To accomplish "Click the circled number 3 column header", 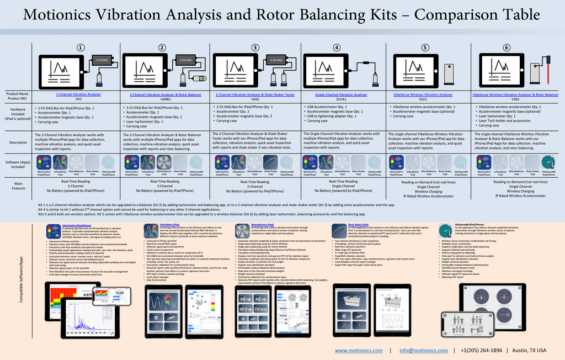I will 255,47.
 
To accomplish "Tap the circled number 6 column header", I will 507,47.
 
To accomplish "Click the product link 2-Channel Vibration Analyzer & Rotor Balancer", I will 162,95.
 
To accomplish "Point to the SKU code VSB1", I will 515,99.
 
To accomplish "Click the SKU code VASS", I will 255,99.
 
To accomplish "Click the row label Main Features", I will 18,186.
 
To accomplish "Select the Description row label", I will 18,142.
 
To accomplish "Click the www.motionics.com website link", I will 359,351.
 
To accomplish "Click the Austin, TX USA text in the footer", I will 529,351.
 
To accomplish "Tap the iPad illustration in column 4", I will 326,70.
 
